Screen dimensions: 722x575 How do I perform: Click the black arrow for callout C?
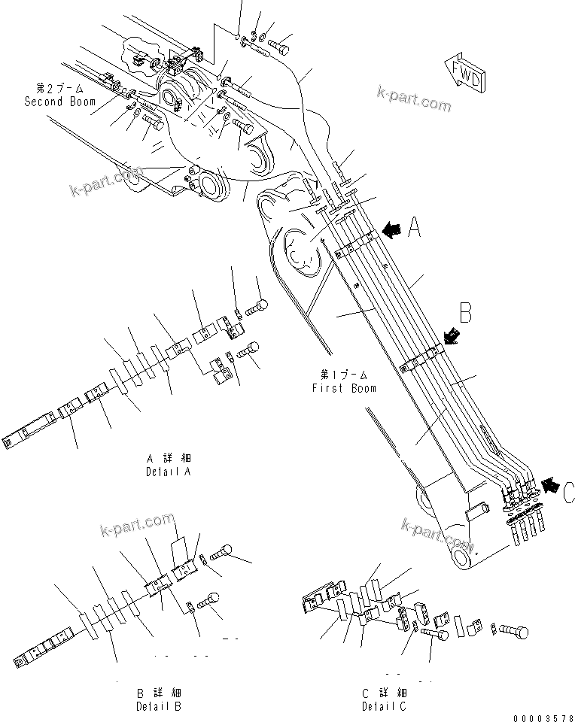(x=552, y=487)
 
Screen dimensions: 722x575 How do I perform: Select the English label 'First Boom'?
(x=344, y=388)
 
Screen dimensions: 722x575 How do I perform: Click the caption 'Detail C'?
(x=384, y=706)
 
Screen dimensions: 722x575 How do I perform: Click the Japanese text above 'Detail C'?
(x=384, y=692)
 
